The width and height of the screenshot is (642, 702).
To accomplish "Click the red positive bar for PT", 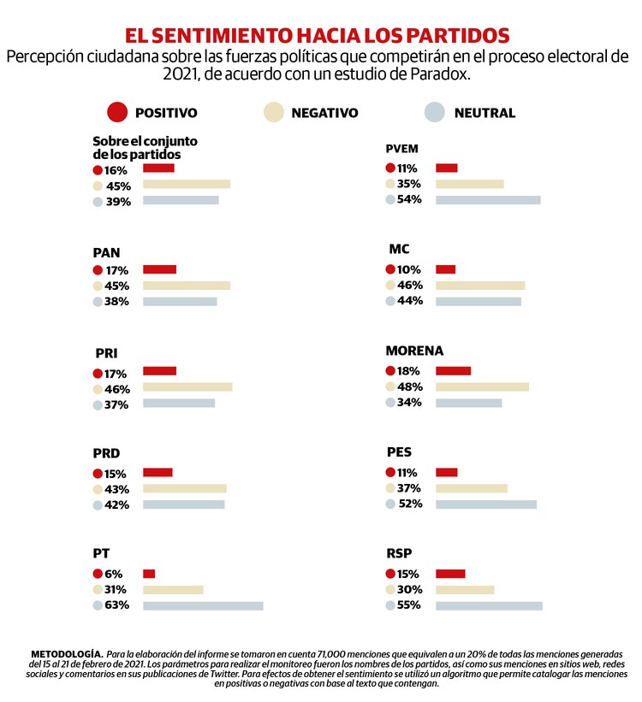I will [x=149, y=573].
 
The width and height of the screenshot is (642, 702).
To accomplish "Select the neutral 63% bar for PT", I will [x=203, y=605].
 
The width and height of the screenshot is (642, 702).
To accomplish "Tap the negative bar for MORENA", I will [x=482, y=386].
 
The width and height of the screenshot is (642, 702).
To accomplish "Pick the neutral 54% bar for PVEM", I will [x=488, y=199].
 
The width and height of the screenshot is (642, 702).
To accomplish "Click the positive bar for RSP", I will [x=450, y=574].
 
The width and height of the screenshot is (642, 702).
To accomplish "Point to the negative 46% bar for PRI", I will [x=187, y=387].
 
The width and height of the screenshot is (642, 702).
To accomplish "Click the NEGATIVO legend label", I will [x=324, y=113].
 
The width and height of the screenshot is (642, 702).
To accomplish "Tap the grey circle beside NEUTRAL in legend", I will [x=436, y=112].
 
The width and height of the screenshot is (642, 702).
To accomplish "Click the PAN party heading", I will [x=106, y=252].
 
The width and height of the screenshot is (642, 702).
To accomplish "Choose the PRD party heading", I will [x=106, y=453].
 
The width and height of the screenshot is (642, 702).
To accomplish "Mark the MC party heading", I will [x=399, y=249].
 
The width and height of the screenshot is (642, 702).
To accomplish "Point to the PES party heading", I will [x=400, y=453].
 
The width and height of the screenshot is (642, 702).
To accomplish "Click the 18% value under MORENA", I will [x=409, y=371].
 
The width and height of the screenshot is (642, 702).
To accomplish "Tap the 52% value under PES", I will [x=410, y=504].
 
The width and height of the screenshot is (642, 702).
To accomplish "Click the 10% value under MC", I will [x=409, y=269].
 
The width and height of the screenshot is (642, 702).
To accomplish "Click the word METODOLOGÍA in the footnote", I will [x=67, y=653].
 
